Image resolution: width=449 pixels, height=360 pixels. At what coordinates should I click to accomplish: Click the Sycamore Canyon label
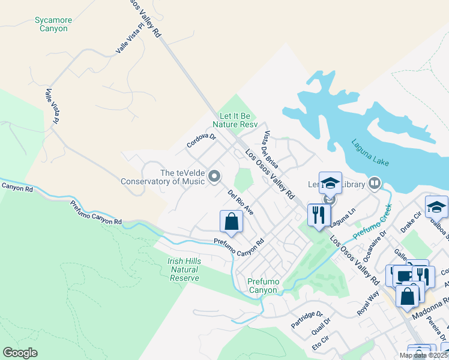[53, 24]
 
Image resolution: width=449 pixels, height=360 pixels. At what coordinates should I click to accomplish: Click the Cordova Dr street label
[200, 140]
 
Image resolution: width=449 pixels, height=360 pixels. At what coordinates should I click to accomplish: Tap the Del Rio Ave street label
[240, 202]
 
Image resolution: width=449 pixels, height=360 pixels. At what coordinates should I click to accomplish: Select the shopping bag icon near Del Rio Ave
[231, 221]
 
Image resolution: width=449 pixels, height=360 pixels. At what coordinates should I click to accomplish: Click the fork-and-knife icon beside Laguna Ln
[319, 214]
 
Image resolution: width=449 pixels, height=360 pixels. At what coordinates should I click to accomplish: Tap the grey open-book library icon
[375, 182]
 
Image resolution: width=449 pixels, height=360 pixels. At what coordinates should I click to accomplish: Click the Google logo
[20, 352]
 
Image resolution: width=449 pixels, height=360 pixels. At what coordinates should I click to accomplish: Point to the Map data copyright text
[423, 355]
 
